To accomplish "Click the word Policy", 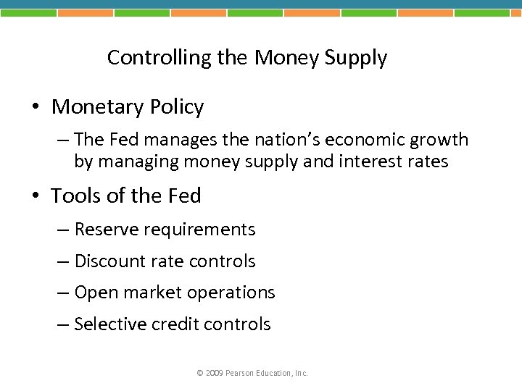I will [177, 108].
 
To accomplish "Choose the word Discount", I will [109, 261].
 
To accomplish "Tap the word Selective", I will [109, 324].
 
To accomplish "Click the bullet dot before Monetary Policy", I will [35, 108].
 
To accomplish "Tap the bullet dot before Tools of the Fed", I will [35, 196].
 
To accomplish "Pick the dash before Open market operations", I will [65, 293].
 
